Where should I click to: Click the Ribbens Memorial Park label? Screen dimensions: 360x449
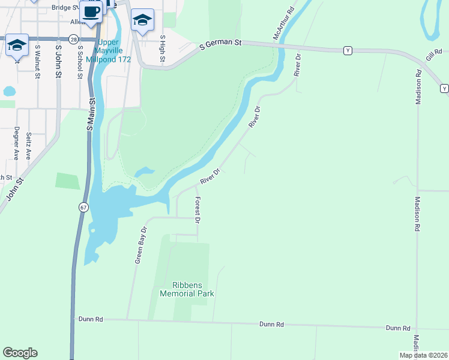point(187,289)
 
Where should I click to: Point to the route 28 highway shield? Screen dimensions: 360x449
point(73,39)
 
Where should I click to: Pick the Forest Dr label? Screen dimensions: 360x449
point(197,210)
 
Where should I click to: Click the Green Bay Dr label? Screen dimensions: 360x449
point(140,245)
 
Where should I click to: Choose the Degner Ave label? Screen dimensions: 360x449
point(17,143)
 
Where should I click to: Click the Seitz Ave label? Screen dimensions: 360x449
point(28,145)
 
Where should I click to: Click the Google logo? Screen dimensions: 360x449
point(20,353)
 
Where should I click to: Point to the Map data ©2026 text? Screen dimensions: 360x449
point(423,355)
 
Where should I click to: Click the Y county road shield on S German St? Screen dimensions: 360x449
point(348,51)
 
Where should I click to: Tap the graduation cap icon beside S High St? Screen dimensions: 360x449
point(142,20)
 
